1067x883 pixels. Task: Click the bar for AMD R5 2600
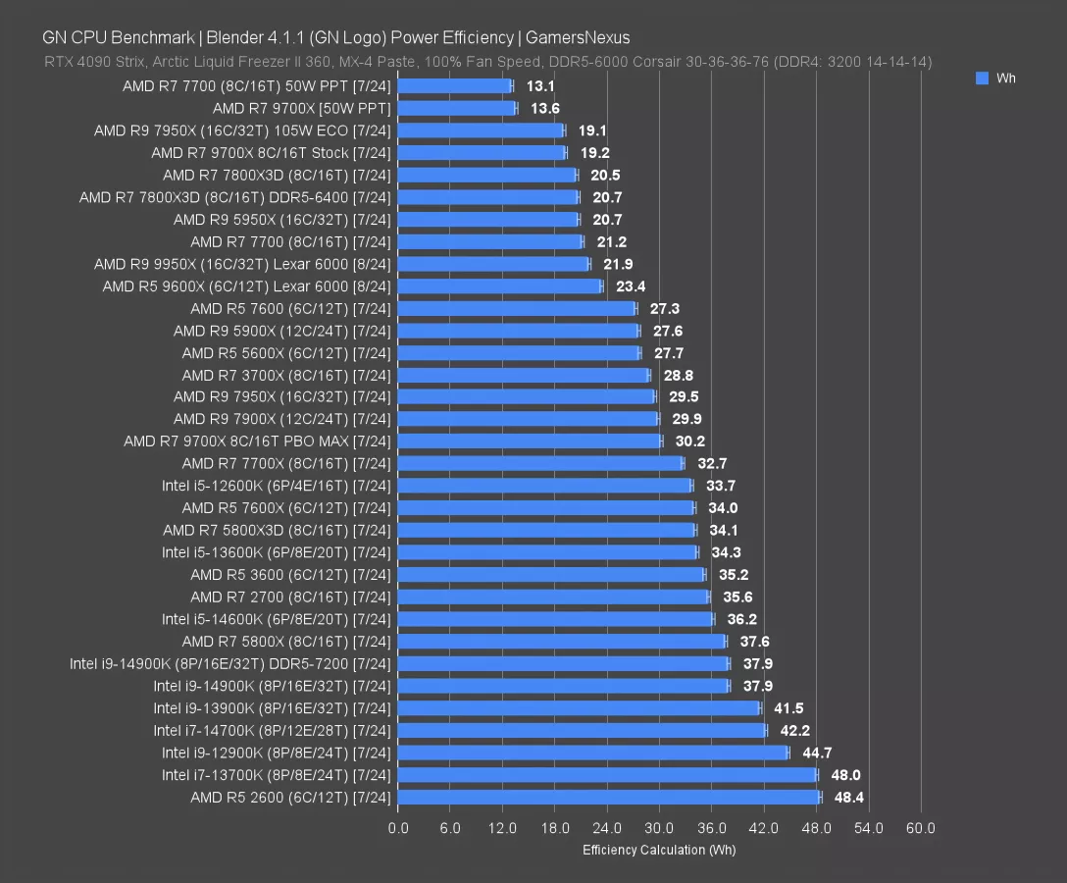pos(608,797)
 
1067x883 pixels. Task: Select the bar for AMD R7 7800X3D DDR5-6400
pos(488,197)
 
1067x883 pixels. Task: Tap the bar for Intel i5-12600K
pos(544,486)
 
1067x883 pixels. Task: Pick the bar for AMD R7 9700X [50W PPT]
pos(457,108)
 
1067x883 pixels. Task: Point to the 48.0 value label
pos(844,775)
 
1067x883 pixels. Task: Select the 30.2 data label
pos(689,441)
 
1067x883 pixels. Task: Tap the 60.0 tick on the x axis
pos(920,828)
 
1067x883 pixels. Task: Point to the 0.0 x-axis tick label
pos(398,828)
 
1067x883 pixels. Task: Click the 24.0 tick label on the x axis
pos(607,828)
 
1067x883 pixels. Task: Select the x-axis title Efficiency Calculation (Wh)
pos(659,850)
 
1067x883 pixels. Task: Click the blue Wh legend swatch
pos(982,78)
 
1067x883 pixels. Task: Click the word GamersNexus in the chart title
pos(578,37)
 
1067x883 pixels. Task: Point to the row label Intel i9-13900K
pos(271,708)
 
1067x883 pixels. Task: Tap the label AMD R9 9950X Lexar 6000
pos(242,264)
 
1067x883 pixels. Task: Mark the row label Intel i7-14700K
pos(271,731)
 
